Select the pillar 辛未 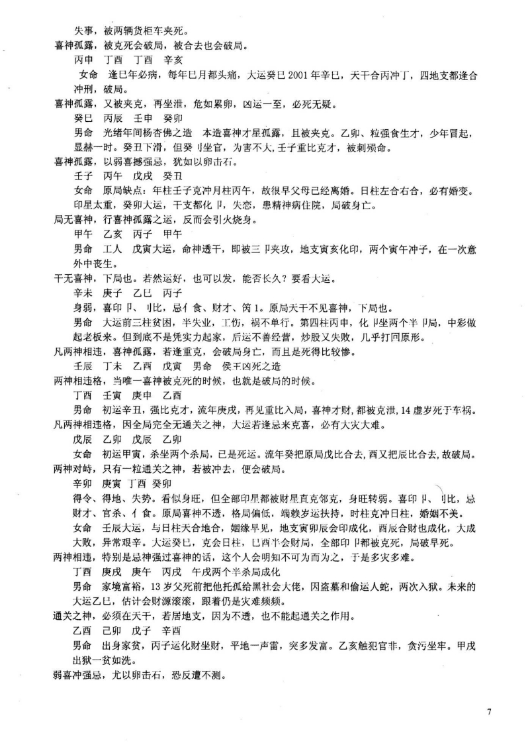pyautogui.click(x=84, y=291)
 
